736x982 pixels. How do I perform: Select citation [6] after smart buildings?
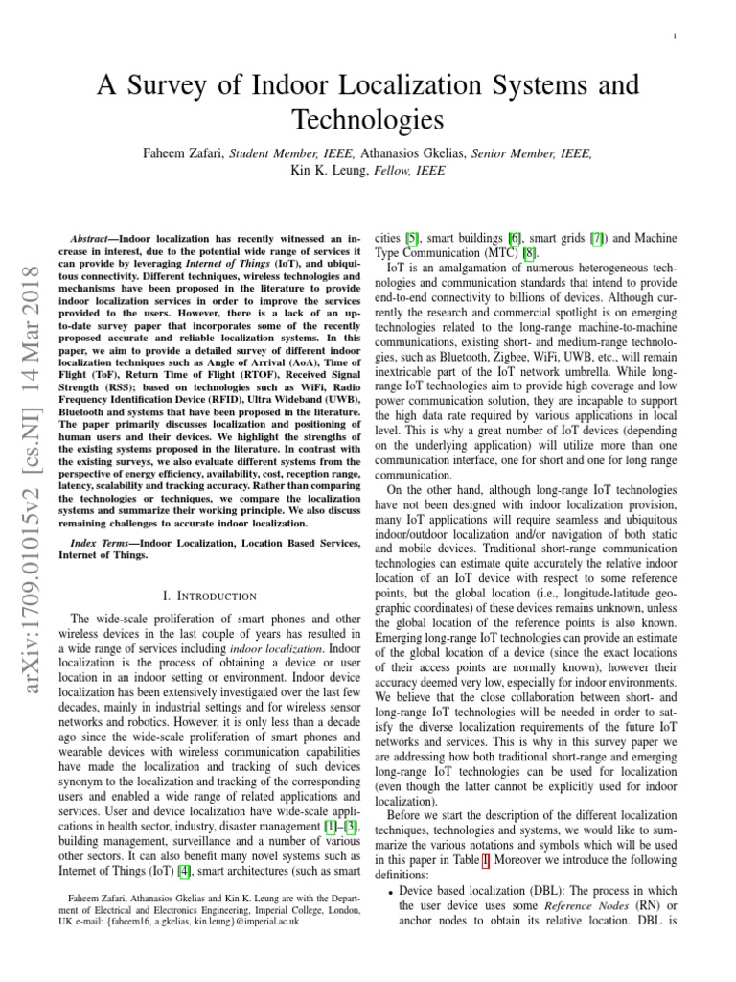515,237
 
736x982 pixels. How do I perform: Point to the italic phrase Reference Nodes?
578,907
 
